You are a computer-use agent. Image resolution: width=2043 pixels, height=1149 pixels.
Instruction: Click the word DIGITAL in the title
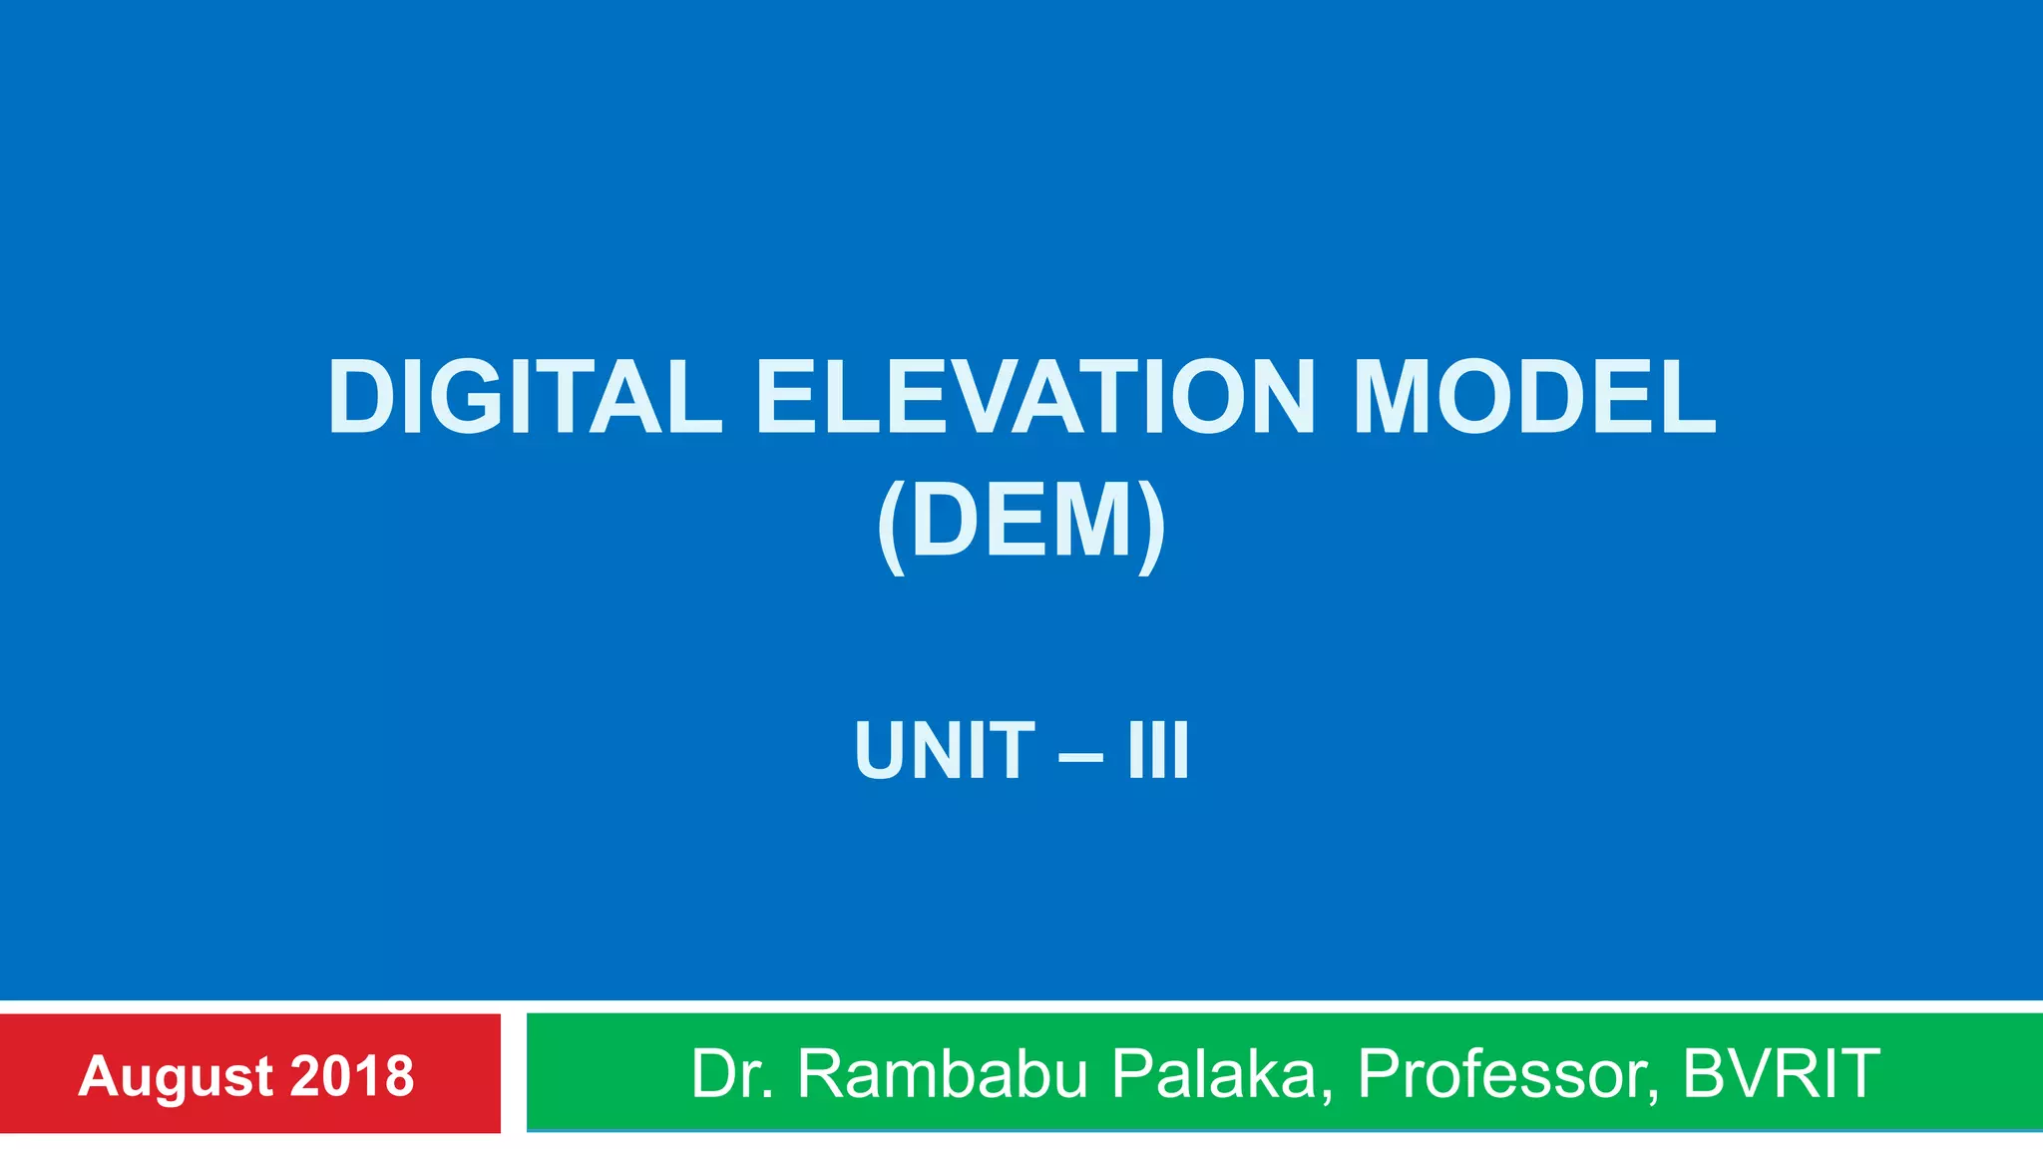[x=524, y=397]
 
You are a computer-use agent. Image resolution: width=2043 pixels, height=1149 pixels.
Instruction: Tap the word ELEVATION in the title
[x=1035, y=397]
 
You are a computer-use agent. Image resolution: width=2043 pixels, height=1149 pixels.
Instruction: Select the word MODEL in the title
[x=1533, y=397]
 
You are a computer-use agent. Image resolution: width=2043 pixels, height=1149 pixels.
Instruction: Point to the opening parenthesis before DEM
[x=891, y=525]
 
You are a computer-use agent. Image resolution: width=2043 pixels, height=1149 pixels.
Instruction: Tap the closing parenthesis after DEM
[x=1151, y=525]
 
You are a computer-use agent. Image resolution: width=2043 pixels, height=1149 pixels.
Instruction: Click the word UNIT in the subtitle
[x=945, y=750]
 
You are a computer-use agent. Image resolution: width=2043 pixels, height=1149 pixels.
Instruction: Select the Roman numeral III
[x=1158, y=750]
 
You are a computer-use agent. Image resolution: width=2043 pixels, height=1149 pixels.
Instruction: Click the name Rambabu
[x=942, y=1074]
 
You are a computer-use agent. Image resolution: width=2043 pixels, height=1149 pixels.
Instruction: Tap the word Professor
[x=1507, y=1074]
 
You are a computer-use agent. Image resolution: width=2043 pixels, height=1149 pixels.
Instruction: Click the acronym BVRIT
[x=1781, y=1074]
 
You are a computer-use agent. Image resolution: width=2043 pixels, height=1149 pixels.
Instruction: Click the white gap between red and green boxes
[x=513, y=1073]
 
